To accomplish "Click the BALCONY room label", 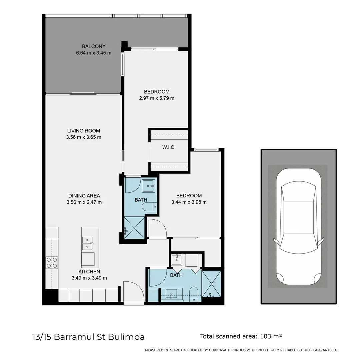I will coord(94,46).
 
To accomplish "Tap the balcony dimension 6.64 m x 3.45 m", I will coord(94,53).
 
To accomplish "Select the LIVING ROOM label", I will coord(83,131).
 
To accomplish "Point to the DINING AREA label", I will coord(84,196).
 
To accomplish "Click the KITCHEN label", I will coord(89,272).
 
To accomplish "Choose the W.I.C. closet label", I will coord(169,147).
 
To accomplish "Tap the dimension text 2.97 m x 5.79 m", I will coord(157,98).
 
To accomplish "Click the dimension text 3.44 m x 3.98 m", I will coord(189,202).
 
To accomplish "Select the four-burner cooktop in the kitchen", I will coord(52,262).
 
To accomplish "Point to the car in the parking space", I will coord(298,227).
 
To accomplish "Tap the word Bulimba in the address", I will coord(129,337).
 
